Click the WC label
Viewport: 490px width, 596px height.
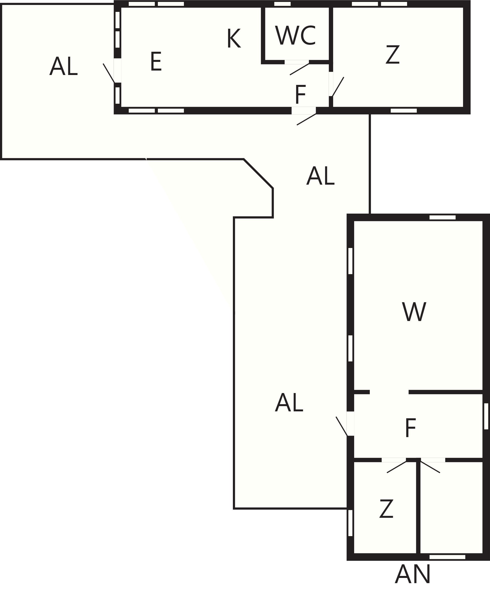point(295,35)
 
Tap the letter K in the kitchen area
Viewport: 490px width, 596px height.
point(234,38)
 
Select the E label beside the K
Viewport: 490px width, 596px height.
point(156,61)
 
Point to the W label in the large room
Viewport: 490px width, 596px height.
point(414,312)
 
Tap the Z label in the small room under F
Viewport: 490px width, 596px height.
point(386,508)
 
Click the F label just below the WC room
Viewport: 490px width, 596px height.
point(301,94)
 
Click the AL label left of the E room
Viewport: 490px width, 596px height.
point(64,66)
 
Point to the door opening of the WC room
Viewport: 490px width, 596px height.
point(297,62)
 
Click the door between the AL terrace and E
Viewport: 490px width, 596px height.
point(117,70)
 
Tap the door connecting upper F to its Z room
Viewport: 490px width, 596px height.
point(331,84)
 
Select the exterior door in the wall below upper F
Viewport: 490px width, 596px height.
point(304,111)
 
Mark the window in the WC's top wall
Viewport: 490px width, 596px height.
point(283,4)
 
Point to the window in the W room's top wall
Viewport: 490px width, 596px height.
point(442,217)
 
